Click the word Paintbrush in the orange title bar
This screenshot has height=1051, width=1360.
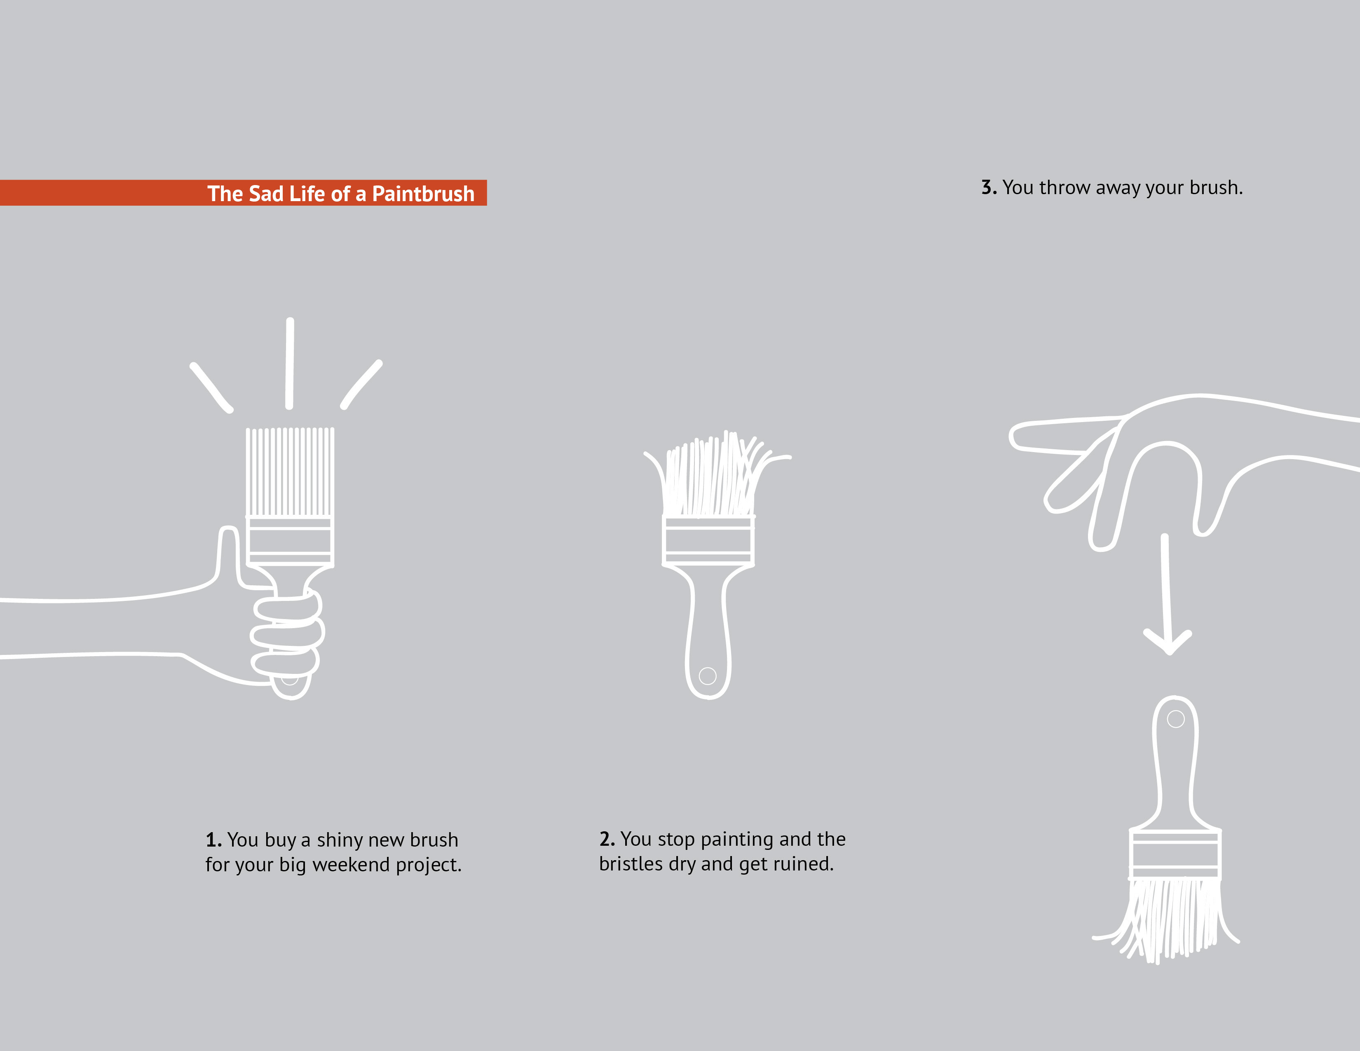[423, 194]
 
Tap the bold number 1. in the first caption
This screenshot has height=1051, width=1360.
[213, 840]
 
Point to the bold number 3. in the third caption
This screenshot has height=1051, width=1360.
[989, 188]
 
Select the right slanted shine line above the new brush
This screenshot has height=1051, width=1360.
[361, 384]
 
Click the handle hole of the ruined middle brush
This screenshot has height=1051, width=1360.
[707, 676]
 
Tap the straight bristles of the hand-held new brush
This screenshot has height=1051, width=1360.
[290, 472]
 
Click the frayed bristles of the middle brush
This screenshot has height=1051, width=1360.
[710, 479]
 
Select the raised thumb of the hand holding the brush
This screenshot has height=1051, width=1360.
[228, 554]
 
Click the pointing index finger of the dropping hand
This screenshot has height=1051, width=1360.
[1059, 435]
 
